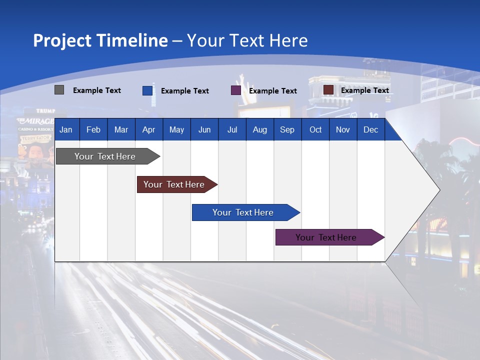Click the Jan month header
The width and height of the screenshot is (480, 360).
[66, 130]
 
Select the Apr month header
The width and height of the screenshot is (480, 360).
[148, 130]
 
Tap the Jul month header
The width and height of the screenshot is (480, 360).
[232, 130]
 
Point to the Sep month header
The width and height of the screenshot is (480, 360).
[287, 130]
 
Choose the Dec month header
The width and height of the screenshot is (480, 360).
[370, 130]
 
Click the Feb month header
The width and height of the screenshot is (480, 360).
[93, 130]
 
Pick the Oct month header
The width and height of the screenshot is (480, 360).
[315, 130]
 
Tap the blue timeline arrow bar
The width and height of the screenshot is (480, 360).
[243, 212]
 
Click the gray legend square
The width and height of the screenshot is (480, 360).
[59, 90]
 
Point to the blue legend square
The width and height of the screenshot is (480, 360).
[147, 90]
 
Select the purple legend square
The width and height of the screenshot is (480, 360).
[235, 90]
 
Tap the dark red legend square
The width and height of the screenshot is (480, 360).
[328, 90]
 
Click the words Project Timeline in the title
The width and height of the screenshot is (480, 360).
[100, 40]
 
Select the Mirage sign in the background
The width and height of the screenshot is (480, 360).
[35, 121]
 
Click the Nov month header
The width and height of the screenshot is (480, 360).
[343, 130]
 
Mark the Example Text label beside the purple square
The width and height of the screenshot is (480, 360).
[272, 91]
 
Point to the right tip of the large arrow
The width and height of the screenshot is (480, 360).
[438, 190]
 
